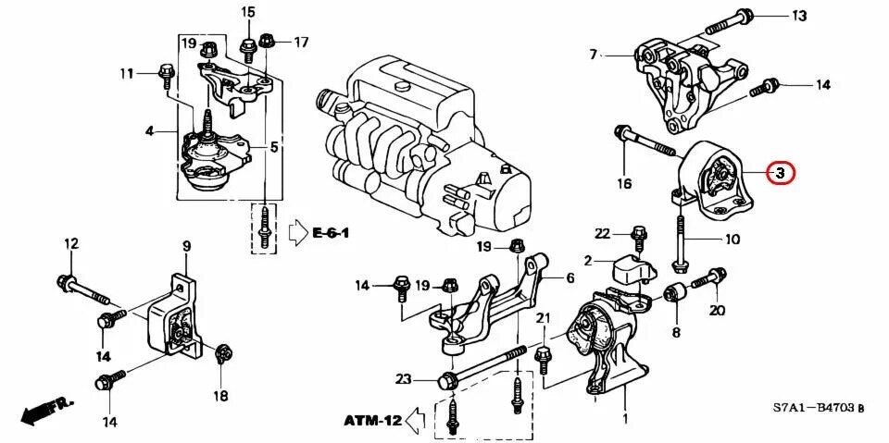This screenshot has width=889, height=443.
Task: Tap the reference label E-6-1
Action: [332, 232]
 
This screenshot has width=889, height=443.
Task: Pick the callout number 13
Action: [798, 16]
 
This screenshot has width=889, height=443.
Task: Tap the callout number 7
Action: [594, 55]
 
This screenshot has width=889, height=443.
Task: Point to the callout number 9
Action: [186, 246]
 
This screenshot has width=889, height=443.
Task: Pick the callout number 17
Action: [302, 42]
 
